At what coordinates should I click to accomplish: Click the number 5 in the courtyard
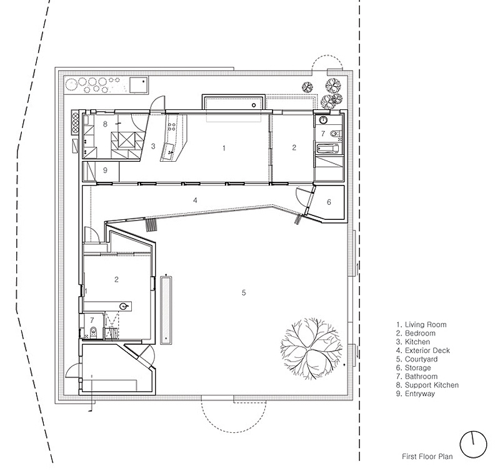point(244,292)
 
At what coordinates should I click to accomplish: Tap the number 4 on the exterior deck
point(195,200)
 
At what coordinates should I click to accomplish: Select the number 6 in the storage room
point(329,202)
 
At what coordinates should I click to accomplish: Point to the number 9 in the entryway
point(105,171)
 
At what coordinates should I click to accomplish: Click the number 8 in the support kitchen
point(105,124)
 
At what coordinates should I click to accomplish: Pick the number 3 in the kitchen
point(153,146)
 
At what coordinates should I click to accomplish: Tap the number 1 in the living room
point(224,148)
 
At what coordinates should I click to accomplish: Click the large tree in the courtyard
point(312,348)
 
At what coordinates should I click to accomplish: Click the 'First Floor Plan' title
point(427,457)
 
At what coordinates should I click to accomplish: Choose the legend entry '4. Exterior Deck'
point(423,350)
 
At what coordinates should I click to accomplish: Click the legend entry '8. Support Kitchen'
point(427,385)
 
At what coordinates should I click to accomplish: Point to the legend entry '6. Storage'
point(414,368)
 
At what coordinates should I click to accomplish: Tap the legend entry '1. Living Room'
point(421,325)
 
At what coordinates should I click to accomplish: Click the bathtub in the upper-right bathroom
point(327,148)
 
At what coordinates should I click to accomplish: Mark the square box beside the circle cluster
point(139,85)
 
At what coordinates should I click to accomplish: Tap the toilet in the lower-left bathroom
point(94,332)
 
